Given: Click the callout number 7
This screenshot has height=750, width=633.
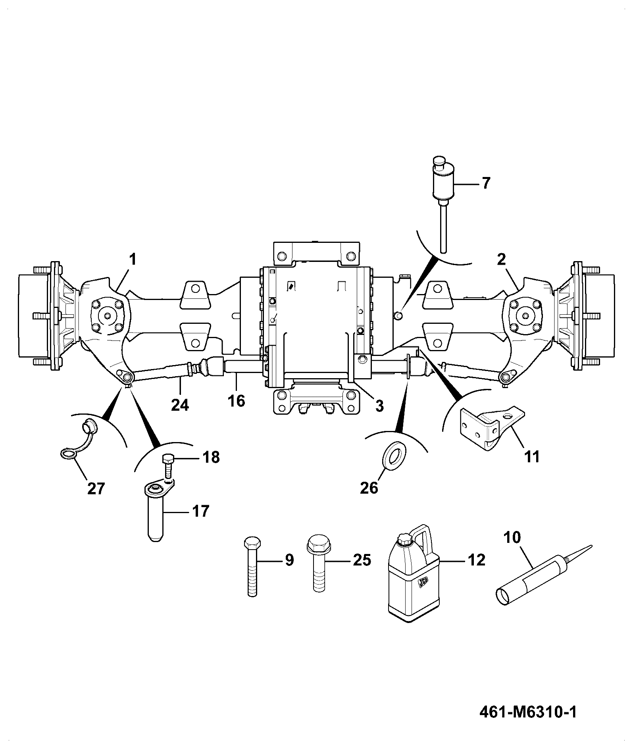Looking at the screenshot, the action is point(486,183).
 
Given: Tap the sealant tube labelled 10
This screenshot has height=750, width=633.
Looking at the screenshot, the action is point(544,575).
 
